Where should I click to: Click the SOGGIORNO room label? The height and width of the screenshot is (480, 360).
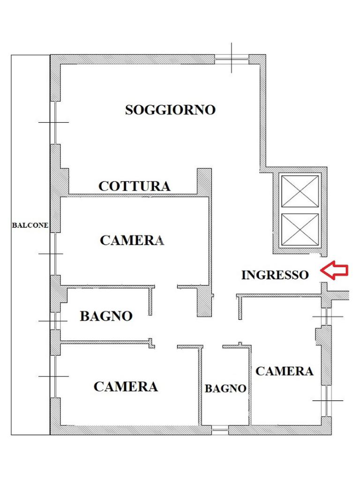tap(170, 110)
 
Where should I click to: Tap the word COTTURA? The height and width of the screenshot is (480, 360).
tap(134, 186)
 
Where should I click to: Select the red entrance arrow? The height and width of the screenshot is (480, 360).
tap(334, 270)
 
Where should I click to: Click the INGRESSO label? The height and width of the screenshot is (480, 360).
tap(275, 275)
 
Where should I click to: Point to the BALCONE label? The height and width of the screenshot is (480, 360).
tap(30, 225)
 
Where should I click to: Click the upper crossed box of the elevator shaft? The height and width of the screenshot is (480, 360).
tap(300, 190)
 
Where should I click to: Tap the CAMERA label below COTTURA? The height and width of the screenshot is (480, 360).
tap(132, 240)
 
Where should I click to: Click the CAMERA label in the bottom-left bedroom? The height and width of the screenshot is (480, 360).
tap(126, 387)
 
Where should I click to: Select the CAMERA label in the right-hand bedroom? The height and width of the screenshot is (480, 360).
tap(284, 371)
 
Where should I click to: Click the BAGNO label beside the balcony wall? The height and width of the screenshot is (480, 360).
tap(106, 316)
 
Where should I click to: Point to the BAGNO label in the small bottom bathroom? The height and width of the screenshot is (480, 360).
tap(225, 389)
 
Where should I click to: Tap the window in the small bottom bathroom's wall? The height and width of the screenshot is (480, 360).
tap(219, 428)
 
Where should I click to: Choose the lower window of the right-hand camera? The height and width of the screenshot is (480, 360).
tap(325, 400)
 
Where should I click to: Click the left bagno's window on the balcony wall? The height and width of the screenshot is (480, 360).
tap(55, 321)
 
